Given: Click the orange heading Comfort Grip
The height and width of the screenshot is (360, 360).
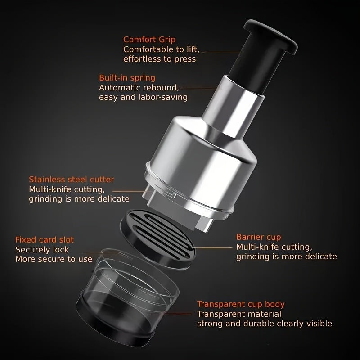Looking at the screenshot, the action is [149, 40].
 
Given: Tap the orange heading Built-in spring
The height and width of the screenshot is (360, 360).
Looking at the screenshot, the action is [127, 78].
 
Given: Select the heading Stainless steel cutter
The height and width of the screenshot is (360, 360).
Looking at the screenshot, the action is [72, 179].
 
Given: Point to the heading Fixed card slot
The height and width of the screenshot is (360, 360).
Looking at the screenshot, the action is [45, 240].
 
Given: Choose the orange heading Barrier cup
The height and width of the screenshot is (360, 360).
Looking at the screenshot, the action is [258, 237].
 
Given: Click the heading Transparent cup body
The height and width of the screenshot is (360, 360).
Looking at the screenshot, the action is [241, 304].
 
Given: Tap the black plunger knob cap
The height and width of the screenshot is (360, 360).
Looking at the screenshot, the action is [270, 37].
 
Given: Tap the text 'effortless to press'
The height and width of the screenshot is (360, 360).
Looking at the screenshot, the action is [160, 59].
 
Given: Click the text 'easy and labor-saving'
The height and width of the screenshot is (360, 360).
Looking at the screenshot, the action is [143, 97].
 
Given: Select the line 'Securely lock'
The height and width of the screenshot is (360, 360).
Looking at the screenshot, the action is [42, 250].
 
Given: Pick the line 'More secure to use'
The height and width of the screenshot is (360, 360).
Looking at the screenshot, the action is [54, 260].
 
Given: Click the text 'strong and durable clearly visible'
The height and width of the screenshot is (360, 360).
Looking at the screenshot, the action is [265, 324].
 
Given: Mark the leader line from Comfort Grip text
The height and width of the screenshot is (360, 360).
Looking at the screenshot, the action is [222, 52].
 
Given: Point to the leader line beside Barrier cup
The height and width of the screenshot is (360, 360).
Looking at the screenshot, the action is [213, 248].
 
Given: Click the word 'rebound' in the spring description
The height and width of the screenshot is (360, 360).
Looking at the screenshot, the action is [160, 88].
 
